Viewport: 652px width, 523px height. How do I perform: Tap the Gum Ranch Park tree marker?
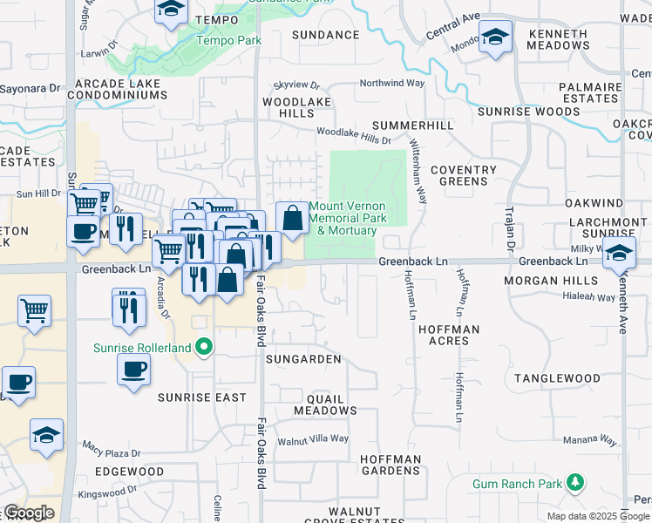[x=574, y=482]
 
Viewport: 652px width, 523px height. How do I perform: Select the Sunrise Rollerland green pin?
[x=205, y=347]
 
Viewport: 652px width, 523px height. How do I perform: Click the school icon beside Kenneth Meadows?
[x=496, y=38]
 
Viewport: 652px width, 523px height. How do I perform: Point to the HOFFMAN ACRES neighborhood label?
[x=449, y=336]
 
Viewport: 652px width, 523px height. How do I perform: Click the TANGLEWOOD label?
[x=557, y=378]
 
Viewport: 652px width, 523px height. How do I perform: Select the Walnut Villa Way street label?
[x=313, y=440]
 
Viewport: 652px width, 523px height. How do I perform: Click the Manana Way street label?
[x=592, y=442]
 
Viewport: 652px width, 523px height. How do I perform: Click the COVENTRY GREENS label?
[x=463, y=176]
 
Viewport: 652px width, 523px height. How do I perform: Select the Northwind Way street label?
[x=392, y=84]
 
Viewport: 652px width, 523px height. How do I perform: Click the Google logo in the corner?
[x=29, y=513]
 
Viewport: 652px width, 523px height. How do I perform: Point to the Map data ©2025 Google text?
[x=598, y=516]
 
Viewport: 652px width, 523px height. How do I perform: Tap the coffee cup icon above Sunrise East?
[x=133, y=368]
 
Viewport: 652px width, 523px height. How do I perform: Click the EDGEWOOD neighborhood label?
[x=130, y=472]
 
